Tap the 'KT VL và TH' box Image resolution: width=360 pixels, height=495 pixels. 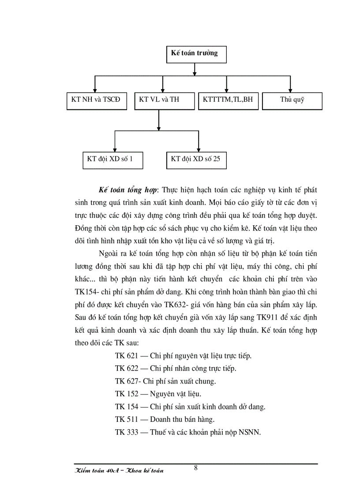[159, 100]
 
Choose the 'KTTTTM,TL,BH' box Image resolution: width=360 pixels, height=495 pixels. [228, 100]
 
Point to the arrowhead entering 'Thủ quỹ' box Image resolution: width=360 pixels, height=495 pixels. [290, 89]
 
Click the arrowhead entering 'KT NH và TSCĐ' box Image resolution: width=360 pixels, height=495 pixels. [95, 89]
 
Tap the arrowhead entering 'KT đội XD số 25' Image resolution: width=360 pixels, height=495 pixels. [199, 149]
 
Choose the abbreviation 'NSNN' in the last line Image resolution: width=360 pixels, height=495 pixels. [250, 432]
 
